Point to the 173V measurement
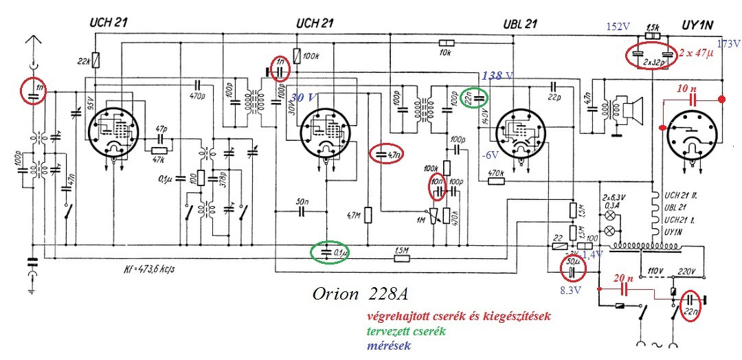point(728,43)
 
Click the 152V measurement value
point(617,27)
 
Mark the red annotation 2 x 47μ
point(697,52)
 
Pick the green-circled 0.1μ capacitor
point(328,252)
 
